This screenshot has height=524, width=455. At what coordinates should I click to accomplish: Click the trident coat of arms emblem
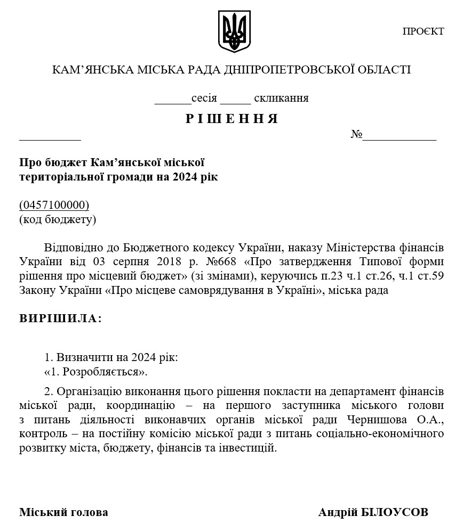tap(234, 31)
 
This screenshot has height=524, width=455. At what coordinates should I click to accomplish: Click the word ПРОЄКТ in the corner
tap(423, 31)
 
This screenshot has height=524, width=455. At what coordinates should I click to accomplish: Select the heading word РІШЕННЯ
tap(232, 119)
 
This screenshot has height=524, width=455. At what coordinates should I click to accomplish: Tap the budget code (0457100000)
tap(54, 205)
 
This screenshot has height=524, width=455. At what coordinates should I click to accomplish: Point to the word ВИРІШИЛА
tap(60, 318)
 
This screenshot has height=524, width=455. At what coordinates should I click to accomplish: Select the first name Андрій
tap(337, 512)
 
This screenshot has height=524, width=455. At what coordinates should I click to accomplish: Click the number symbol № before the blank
tap(356, 134)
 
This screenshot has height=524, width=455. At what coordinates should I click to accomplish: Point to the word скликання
tap(281, 98)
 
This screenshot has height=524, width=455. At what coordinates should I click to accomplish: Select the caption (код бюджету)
tap(58, 219)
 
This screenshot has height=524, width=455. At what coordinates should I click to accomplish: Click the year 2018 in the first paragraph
tap(173, 262)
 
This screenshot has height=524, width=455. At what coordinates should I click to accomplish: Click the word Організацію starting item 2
tap(87, 392)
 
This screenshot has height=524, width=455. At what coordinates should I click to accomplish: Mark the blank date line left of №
tap(50, 137)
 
